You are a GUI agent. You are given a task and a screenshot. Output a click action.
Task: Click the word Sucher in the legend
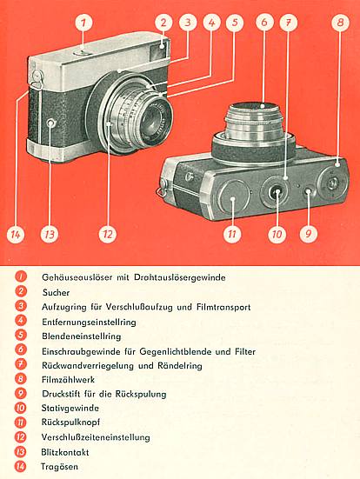tap(56, 293)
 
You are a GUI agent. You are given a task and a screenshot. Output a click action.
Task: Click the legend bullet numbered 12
tap(20, 436)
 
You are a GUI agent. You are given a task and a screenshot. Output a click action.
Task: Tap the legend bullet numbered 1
tap(20, 278)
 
